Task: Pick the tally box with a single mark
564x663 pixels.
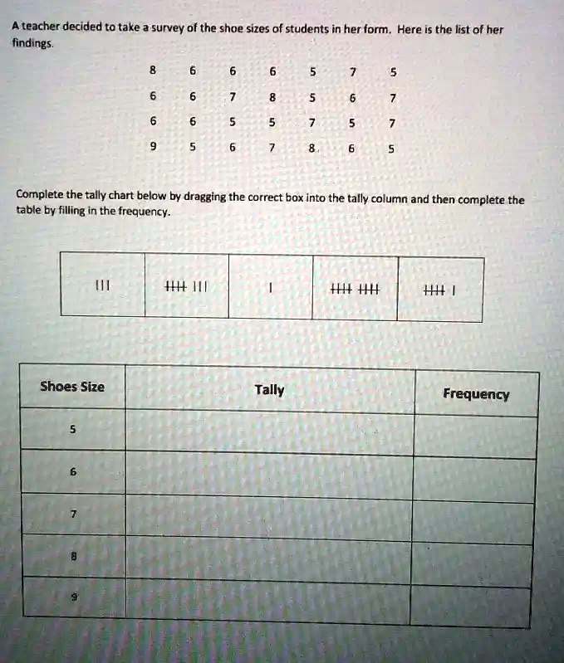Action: tap(272, 289)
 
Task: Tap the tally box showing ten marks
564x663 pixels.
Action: tap(355, 289)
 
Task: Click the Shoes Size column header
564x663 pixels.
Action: tap(72, 387)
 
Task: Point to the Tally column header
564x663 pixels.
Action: tap(269, 390)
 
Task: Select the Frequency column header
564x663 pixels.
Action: tap(476, 393)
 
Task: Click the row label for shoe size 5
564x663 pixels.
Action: tap(72, 430)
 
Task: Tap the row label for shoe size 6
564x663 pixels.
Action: tap(73, 471)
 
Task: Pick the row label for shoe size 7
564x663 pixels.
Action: tap(73, 514)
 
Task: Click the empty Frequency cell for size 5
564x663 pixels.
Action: tap(475, 436)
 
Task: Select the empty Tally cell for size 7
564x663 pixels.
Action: tap(269, 521)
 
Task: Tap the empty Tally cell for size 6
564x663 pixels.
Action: tap(269, 476)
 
